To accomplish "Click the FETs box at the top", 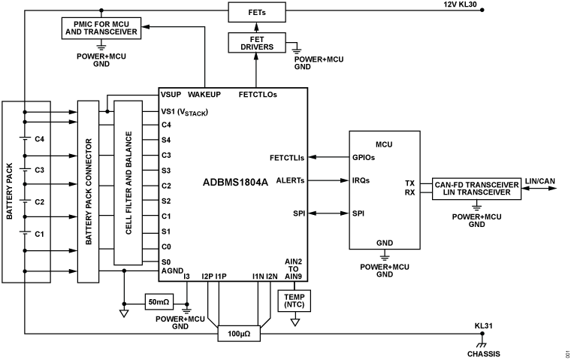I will tap(255, 13).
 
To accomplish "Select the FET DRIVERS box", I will tap(255, 43).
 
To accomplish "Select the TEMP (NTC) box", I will tap(295, 301).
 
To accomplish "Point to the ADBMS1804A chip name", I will tap(234, 183).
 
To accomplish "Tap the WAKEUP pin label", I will tap(204, 95).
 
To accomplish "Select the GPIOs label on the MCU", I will tap(365, 158).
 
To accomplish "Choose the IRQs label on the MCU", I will tap(362, 180).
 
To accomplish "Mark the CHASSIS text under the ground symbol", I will tap(482, 353).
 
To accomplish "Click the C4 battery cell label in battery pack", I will tap(40, 139).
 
